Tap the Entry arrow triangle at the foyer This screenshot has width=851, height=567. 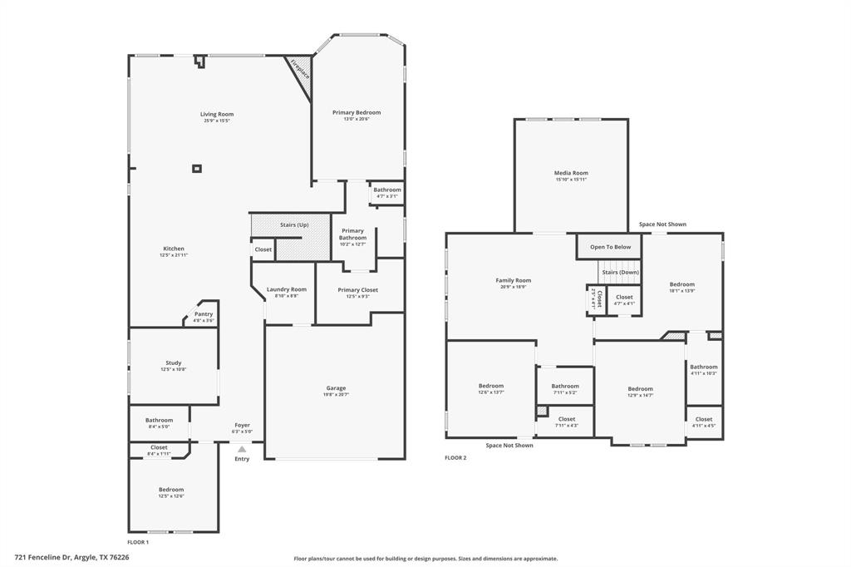tap(242, 449)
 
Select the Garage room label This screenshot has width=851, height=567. tap(336, 388)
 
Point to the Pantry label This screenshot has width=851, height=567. tap(204, 314)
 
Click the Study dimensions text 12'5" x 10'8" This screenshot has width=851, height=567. tap(173, 369)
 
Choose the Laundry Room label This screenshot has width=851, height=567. tap(287, 289)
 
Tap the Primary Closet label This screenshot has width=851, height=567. tap(357, 290)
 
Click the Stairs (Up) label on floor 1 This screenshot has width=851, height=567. tap(294, 224)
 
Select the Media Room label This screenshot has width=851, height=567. tap(571, 173)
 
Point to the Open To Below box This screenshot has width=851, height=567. tap(610, 247)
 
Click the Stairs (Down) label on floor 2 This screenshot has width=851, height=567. tap(620, 272)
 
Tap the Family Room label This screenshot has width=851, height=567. tap(513, 280)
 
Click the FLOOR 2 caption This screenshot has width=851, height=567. tap(455, 458)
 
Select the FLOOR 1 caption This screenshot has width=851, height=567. tap(138, 542)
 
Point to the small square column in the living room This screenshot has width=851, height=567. tap(197, 169)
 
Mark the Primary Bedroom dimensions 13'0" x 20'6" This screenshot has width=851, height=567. tap(357, 119)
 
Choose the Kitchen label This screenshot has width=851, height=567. tap(174, 249)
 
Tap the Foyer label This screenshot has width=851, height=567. tap(242, 425)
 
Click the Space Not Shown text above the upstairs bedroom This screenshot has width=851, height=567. tap(662, 224)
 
